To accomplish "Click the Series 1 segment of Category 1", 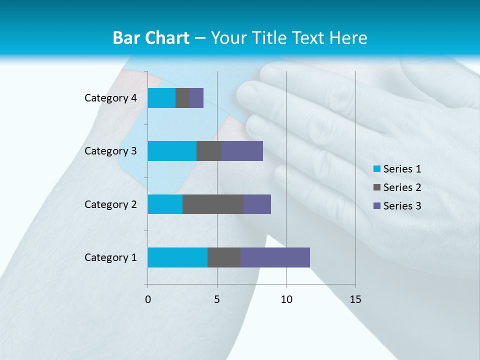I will [177, 257].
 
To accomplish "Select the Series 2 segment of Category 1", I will [224, 257].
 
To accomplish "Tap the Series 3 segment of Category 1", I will [275, 257].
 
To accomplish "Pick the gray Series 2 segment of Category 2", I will [213, 204].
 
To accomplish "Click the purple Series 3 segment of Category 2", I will [257, 204].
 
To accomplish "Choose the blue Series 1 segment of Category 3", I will [172, 151].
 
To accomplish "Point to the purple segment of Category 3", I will [242, 151].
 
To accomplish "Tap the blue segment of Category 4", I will [161, 98].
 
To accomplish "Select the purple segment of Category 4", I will [196, 98].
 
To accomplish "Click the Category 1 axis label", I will [110, 257].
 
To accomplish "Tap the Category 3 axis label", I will [110, 151].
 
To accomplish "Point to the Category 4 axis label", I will [110, 98].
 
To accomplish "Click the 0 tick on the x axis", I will [147, 299].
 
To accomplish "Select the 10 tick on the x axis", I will [286, 299].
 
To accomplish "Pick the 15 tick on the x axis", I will [355, 299].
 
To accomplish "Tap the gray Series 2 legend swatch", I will [377, 187].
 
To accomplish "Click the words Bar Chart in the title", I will [151, 38].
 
